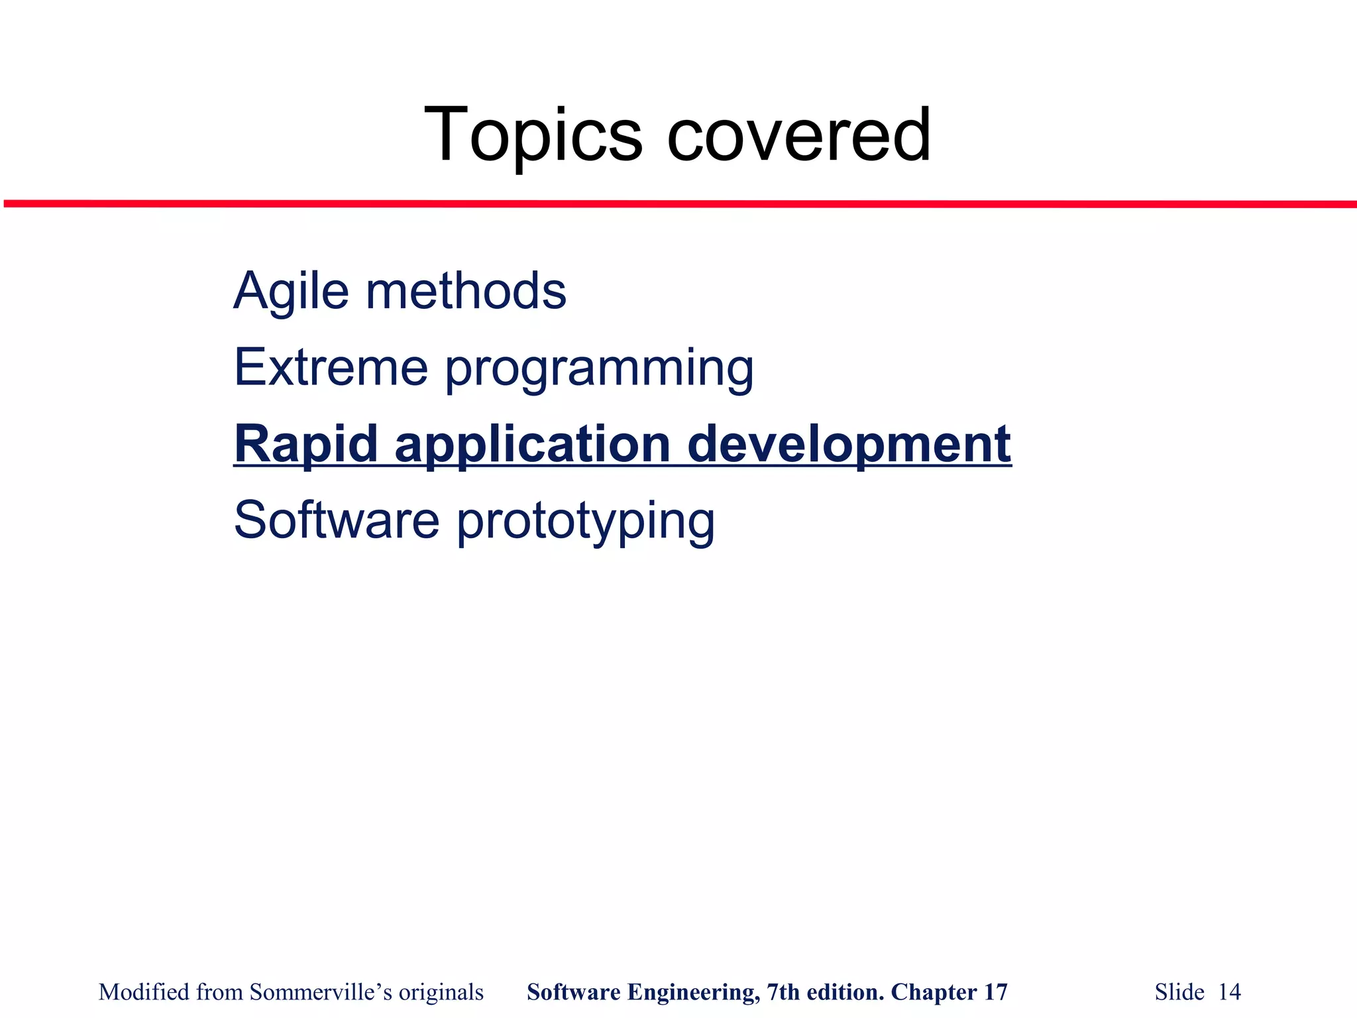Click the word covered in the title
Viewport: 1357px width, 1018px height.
click(799, 136)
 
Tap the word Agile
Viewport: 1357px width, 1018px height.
click(291, 292)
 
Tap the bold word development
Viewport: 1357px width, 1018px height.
click(849, 445)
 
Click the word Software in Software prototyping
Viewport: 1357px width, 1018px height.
click(337, 520)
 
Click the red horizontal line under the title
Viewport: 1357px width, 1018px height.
click(678, 204)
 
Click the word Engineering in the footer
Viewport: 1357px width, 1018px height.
click(693, 993)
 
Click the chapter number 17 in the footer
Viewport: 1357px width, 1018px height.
click(995, 992)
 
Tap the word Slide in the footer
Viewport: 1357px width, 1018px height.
click(1179, 992)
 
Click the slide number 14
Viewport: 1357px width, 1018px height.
click(1230, 992)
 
